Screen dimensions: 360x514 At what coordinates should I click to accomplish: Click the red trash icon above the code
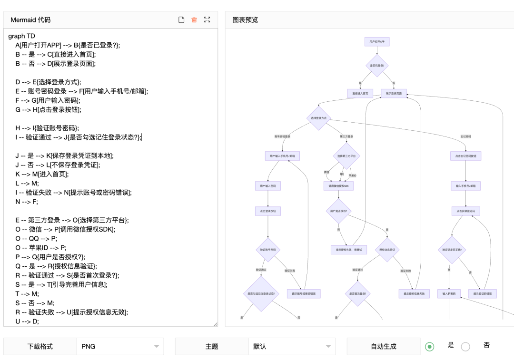click(x=194, y=20)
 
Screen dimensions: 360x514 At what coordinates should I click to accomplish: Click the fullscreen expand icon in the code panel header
click(x=207, y=20)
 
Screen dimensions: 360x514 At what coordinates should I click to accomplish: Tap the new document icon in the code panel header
click(x=181, y=20)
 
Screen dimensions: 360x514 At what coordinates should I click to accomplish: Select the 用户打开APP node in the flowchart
click(x=377, y=42)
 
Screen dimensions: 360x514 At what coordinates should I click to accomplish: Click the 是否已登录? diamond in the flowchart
click(x=377, y=66)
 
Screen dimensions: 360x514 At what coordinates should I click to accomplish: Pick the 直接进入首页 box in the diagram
click(x=360, y=93)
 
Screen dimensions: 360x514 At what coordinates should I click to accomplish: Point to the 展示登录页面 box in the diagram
click(x=394, y=93)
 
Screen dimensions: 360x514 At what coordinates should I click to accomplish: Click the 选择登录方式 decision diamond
click(x=318, y=117)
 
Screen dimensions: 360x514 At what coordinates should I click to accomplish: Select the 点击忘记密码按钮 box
click(x=465, y=156)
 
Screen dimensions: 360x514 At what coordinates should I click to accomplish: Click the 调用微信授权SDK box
click(x=338, y=186)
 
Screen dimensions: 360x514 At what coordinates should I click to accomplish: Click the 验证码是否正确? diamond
click(x=452, y=249)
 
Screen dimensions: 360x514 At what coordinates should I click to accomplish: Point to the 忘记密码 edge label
click(x=465, y=136)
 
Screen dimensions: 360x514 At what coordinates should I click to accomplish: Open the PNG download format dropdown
click(x=120, y=347)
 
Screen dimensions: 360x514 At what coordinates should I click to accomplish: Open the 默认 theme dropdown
click(x=291, y=347)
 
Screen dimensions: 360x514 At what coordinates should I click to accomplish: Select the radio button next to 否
click(x=465, y=347)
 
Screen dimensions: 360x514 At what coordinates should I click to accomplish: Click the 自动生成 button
click(x=383, y=347)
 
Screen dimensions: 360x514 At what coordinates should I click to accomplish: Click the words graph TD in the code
click(x=22, y=36)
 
